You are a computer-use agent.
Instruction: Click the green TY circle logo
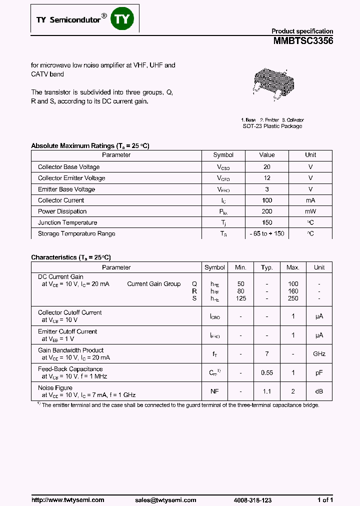tap(122, 19)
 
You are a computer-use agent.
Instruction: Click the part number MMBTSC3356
tap(303, 42)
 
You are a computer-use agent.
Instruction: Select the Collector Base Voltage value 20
tap(267, 167)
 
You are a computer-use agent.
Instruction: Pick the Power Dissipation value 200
tap(267, 211)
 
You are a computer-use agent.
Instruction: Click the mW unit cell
tap(310, 211)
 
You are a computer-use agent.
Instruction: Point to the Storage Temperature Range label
tap(76, 233)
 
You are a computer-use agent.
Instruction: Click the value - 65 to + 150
tap(267, 233)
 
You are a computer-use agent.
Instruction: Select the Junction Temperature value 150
tap(267, 222)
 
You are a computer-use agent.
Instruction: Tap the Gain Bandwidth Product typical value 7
tap(267, 354)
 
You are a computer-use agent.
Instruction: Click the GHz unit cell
tap(319, 354)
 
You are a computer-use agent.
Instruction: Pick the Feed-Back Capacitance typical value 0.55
tap(267, 372)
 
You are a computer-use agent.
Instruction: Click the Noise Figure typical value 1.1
tap(267, 391)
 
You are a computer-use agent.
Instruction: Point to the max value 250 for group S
tap(293, 298)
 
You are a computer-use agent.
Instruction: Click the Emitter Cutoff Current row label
tap(67, 331)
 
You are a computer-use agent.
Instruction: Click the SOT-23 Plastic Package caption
tap(272, 126)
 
